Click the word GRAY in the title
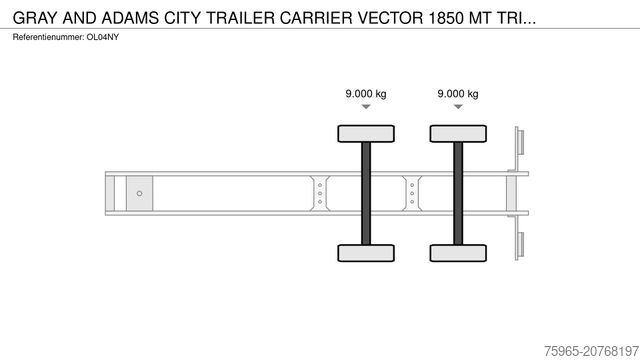[x=35, y=17]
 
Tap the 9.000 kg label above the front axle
[x=366, y=94]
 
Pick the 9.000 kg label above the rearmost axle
[x=458, y=94]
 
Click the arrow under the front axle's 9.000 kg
[x=366, y=107]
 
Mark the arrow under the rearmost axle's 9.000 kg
[x=458, y=107]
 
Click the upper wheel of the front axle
[x=366, y=133]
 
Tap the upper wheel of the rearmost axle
[x=458, y=133]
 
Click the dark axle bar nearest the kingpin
[x=366, y=192]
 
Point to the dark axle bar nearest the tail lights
[x=458, y=192]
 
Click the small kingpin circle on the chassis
[x=139, y=192]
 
